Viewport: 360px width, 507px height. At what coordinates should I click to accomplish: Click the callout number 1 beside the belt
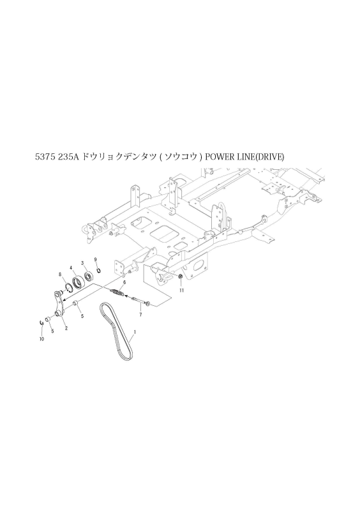pos(135,332)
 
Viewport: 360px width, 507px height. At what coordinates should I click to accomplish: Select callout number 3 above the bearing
pos(82,263)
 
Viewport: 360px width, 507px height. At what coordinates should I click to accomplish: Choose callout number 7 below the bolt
pos(140,315)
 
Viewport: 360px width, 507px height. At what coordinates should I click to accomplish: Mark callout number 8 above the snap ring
pos(60,275)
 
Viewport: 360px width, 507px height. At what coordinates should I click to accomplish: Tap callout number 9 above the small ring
pos(95,260)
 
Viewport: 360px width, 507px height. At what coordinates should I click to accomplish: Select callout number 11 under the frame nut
pos(181,290)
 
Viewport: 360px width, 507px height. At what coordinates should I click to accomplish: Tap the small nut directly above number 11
pos(181,276)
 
